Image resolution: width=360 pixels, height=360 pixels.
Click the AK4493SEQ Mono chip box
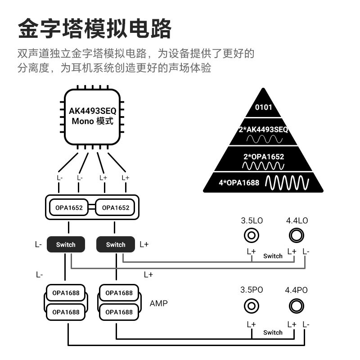point(93,116)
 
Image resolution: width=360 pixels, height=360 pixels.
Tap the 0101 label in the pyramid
point(264,108)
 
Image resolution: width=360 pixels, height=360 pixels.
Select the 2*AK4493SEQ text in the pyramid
point(263,130)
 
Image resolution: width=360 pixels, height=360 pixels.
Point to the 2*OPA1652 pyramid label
point(263,157)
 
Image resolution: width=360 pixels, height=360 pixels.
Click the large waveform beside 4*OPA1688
point(287,182)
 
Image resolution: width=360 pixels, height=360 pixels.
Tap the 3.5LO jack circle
point(251,235)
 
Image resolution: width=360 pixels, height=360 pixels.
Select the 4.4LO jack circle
point(296,235)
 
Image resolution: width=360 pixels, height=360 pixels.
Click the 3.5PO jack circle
point(251,306)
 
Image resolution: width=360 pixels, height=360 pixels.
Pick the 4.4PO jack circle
point(296,306)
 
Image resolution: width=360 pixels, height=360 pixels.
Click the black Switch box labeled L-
point(66,244)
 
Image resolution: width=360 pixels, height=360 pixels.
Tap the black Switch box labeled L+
point(116,244)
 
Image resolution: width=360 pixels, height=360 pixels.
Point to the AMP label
point(158,304)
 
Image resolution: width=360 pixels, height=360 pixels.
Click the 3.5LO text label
point(252,220)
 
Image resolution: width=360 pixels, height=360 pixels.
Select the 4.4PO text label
point(297,290)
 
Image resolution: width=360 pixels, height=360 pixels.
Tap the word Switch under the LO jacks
point(273,256)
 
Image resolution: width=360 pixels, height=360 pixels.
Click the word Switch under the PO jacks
point(273,333)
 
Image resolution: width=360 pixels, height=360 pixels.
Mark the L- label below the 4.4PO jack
point(306,324)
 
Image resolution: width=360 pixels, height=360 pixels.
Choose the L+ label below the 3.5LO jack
point(251,251)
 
